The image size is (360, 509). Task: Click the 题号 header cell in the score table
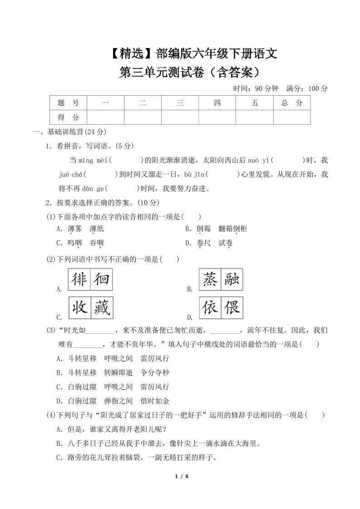pos(68,103)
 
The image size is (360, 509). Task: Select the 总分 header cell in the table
pos(291,103)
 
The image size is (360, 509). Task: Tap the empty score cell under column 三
pos(180,117)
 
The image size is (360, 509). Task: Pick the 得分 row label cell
pos(68,117)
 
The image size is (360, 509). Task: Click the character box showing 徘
pos(79,279)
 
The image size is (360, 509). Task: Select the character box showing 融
pos(232,279)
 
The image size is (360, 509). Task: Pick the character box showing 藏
pos(101,308)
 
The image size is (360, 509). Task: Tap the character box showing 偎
pos(232,308)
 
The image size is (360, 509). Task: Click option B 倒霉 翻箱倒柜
pos(216,229)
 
